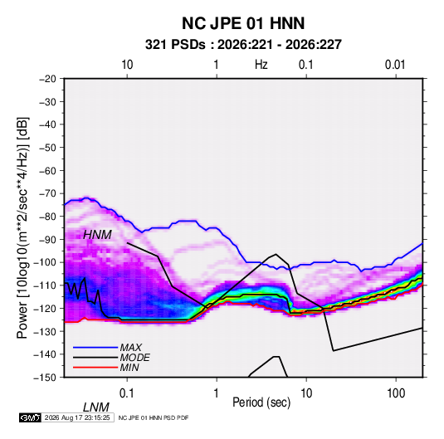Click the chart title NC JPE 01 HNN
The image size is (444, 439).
pos(243,23)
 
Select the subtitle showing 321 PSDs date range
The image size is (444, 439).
pos(243,45)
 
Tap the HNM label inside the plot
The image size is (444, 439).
pos(97,235)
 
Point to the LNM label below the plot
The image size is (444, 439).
pos(95,407)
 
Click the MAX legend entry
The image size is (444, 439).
pos(130,347)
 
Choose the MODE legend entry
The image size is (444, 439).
pos(134,358)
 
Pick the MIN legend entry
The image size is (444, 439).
pos(129,368)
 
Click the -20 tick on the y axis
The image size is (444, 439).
pos(47,79)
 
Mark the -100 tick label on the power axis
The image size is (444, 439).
pos(45,262)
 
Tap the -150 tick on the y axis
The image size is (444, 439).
pos(45,378)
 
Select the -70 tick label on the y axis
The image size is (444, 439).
pos(47,193)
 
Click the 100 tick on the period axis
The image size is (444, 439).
pos(396,393)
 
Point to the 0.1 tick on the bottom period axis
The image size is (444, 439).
pos(126,393)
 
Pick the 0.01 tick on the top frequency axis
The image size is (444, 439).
pos(395,65)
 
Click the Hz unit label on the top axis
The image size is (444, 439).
pos(261,65)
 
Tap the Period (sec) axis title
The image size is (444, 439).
pos(261,402)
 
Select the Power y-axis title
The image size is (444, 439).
pos(22,227)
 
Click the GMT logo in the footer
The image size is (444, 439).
pos(31,417)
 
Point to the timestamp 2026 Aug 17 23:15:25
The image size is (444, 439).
pos(77,417)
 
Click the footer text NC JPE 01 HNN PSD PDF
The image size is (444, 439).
pos(154,417)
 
